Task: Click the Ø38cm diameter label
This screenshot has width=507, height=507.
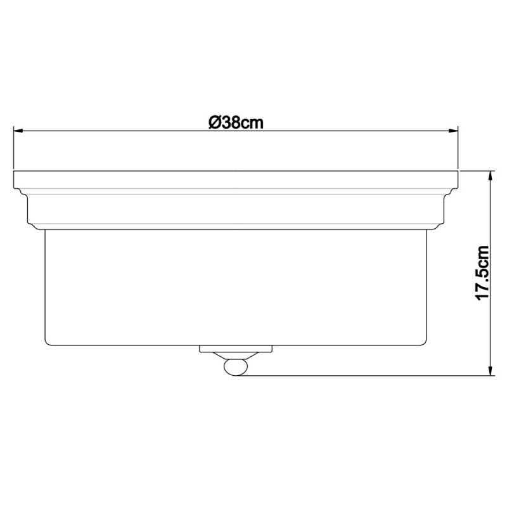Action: [236, 122]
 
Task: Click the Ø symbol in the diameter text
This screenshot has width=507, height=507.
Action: [214, 122]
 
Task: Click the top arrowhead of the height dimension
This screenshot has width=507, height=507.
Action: [490, 175]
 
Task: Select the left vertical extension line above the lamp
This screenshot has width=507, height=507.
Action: [15, 146]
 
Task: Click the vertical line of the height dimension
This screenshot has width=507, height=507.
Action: [490, 222]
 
